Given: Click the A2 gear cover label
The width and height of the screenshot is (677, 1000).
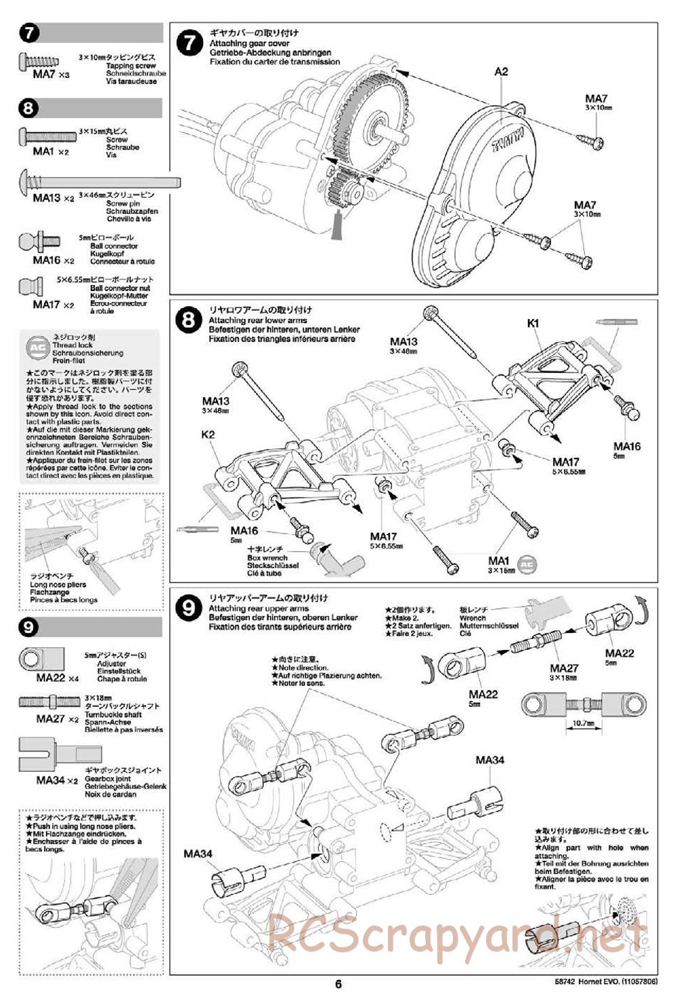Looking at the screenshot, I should click(x=501, y=71).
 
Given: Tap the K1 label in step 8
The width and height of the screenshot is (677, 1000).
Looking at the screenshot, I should click(x=533, y=324).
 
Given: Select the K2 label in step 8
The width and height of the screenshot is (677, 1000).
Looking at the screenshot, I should click(x=207, y=435).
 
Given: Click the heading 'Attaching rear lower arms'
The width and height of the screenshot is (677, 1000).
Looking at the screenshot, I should click(x=257, y=320).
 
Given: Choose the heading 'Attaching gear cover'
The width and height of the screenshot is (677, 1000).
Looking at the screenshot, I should click(x=249, y=43).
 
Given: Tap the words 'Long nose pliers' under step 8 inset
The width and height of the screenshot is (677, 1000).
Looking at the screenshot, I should click(x=58, y=584).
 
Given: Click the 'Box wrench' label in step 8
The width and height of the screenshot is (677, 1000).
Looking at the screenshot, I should click(x=267, y=558).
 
